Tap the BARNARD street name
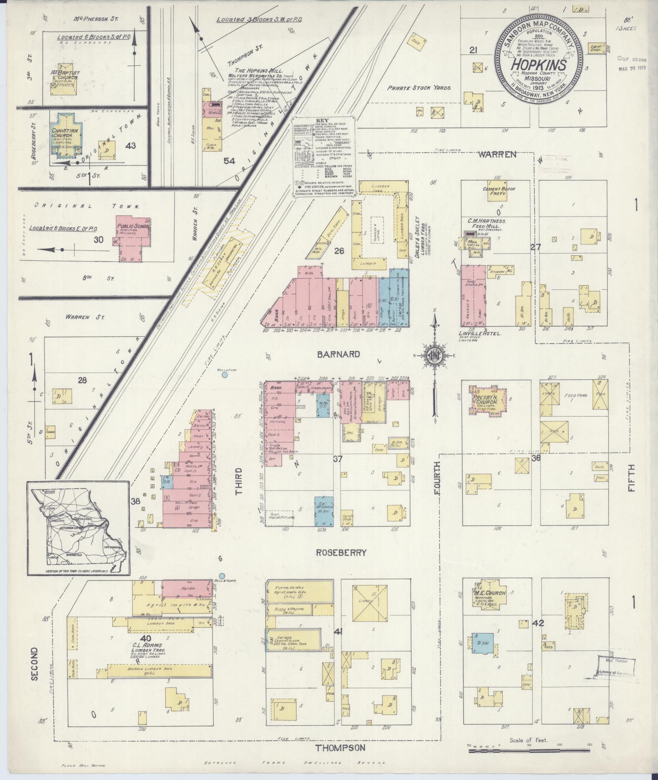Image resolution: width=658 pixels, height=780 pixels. pos(339,354)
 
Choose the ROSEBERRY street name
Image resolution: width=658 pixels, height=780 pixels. pos(341,553)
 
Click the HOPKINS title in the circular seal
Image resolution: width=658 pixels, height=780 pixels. pos(538,65)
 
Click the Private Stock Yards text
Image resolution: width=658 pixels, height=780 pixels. pos(419,87)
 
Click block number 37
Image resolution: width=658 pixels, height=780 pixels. pos(337,459)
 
